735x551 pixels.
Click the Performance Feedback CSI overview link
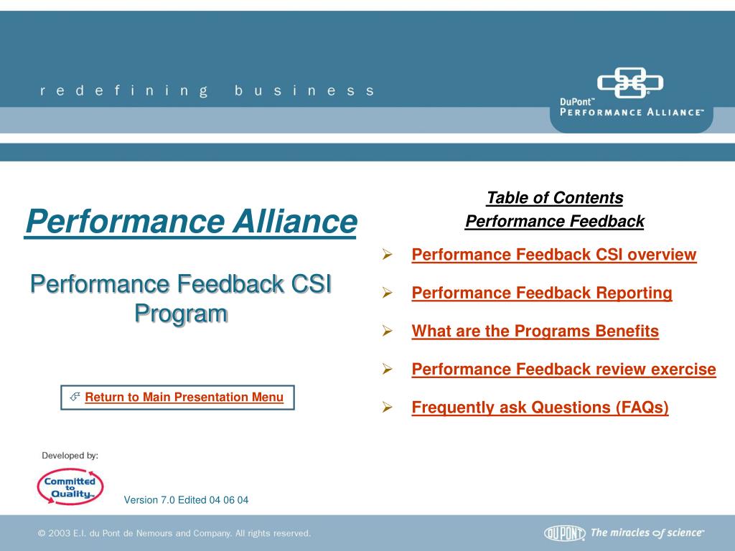(x=554, y=255)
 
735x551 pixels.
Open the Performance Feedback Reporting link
(x=542, y=293)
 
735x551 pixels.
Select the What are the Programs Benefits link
(x=535, y=331)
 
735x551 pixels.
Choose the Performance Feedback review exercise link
(x=564, y=369)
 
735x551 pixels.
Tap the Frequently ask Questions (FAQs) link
(x=540, y=408)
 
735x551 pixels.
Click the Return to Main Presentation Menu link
(x=184, y=397)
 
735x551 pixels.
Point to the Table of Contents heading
(x=555, y=198)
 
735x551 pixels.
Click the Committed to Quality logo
(x=70, y=487)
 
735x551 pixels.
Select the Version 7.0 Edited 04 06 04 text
(x=186, y=500)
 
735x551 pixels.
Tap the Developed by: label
(x=70, y=456)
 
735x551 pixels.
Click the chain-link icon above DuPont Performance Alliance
(x=630, y=83)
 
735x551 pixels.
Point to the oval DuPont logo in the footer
(x=565, y=533)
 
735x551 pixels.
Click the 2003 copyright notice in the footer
(x=174, y=533)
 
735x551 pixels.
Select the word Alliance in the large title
(x=295, y=221)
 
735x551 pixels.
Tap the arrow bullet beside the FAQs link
(x=387, y=408)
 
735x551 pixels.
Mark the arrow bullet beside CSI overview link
(x=387, y=255)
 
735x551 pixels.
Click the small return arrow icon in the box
(x=75, y=397)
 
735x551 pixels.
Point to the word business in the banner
(x=304, y=90)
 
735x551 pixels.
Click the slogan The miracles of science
(x=647, y=533)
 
